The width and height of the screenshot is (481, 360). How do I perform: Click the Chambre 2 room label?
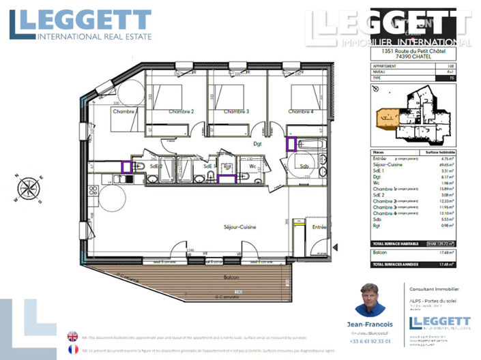pyautogui.click(x=181, y=112)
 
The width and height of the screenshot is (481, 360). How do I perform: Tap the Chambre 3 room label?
pyautogui.click(x=235, y=112)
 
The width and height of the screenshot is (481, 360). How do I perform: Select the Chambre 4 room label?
pyautogui.click(x=300, y=112)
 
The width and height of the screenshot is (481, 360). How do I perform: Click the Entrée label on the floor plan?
pyautogui.click(x=319, y=227)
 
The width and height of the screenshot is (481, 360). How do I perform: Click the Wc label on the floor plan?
pyautogui.click(x=252, y=166)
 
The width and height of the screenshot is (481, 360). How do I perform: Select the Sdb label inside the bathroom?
pyautogui.click(x=304, y=166)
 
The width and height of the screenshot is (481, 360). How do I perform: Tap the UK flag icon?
pyautogui.click(x=72, y=335)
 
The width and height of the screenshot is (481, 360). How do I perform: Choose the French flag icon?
pyautogui.click(x=72, y=349)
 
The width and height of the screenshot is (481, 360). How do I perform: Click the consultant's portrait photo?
pyautogui.click(x=370, y=300)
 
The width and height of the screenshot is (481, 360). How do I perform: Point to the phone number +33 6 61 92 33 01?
pyautogui.click(x=370, y=341)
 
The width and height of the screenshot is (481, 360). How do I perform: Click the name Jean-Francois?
pyautogui.click(x=370, y=325)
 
